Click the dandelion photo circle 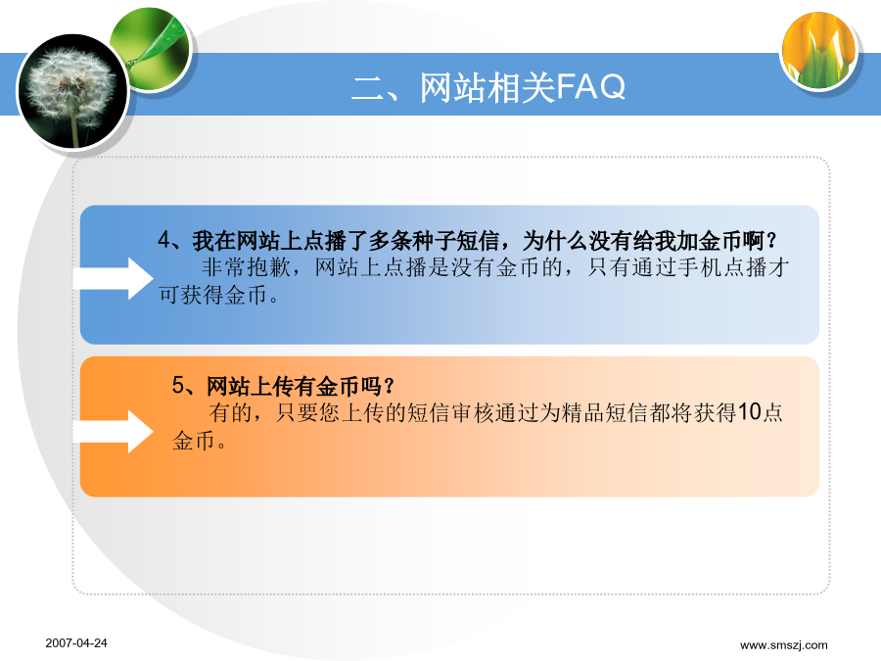tap(73, 92)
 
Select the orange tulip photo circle tap(819, 51)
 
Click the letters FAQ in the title tap(590, 87)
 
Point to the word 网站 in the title tap(453, 87)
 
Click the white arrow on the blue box tap(113, 278)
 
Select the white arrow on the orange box tap(113, 432)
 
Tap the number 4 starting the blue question tap(163, 240)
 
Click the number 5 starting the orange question tap(178, 385)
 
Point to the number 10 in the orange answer tap(749, 412)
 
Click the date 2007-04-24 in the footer tap(76, 643)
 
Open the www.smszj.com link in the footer tap(784, 644)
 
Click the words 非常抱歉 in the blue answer tap(246, 267)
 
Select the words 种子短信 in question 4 tap(455, 241)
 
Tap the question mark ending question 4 tap(771, 241)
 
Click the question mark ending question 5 tap(389, 386)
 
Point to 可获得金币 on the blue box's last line tap(212, 295)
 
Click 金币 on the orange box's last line tap(194, 440)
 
